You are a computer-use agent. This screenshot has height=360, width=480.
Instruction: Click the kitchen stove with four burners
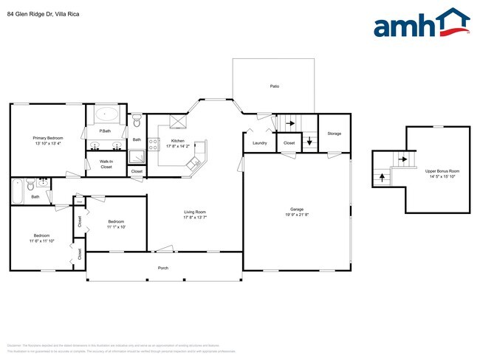(154, 145)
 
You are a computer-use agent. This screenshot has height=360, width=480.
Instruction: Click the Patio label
(274, 86)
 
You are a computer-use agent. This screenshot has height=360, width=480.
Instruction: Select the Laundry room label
(259, 142)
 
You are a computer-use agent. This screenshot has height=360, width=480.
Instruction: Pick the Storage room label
(335, 134)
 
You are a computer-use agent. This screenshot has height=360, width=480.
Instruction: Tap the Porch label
(163, 268)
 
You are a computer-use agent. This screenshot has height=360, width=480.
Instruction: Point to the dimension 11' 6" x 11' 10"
(42, 240)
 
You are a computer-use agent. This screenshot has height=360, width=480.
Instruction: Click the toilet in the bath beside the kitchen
(136, 120)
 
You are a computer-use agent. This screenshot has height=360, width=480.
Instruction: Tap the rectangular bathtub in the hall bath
(17, 191)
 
